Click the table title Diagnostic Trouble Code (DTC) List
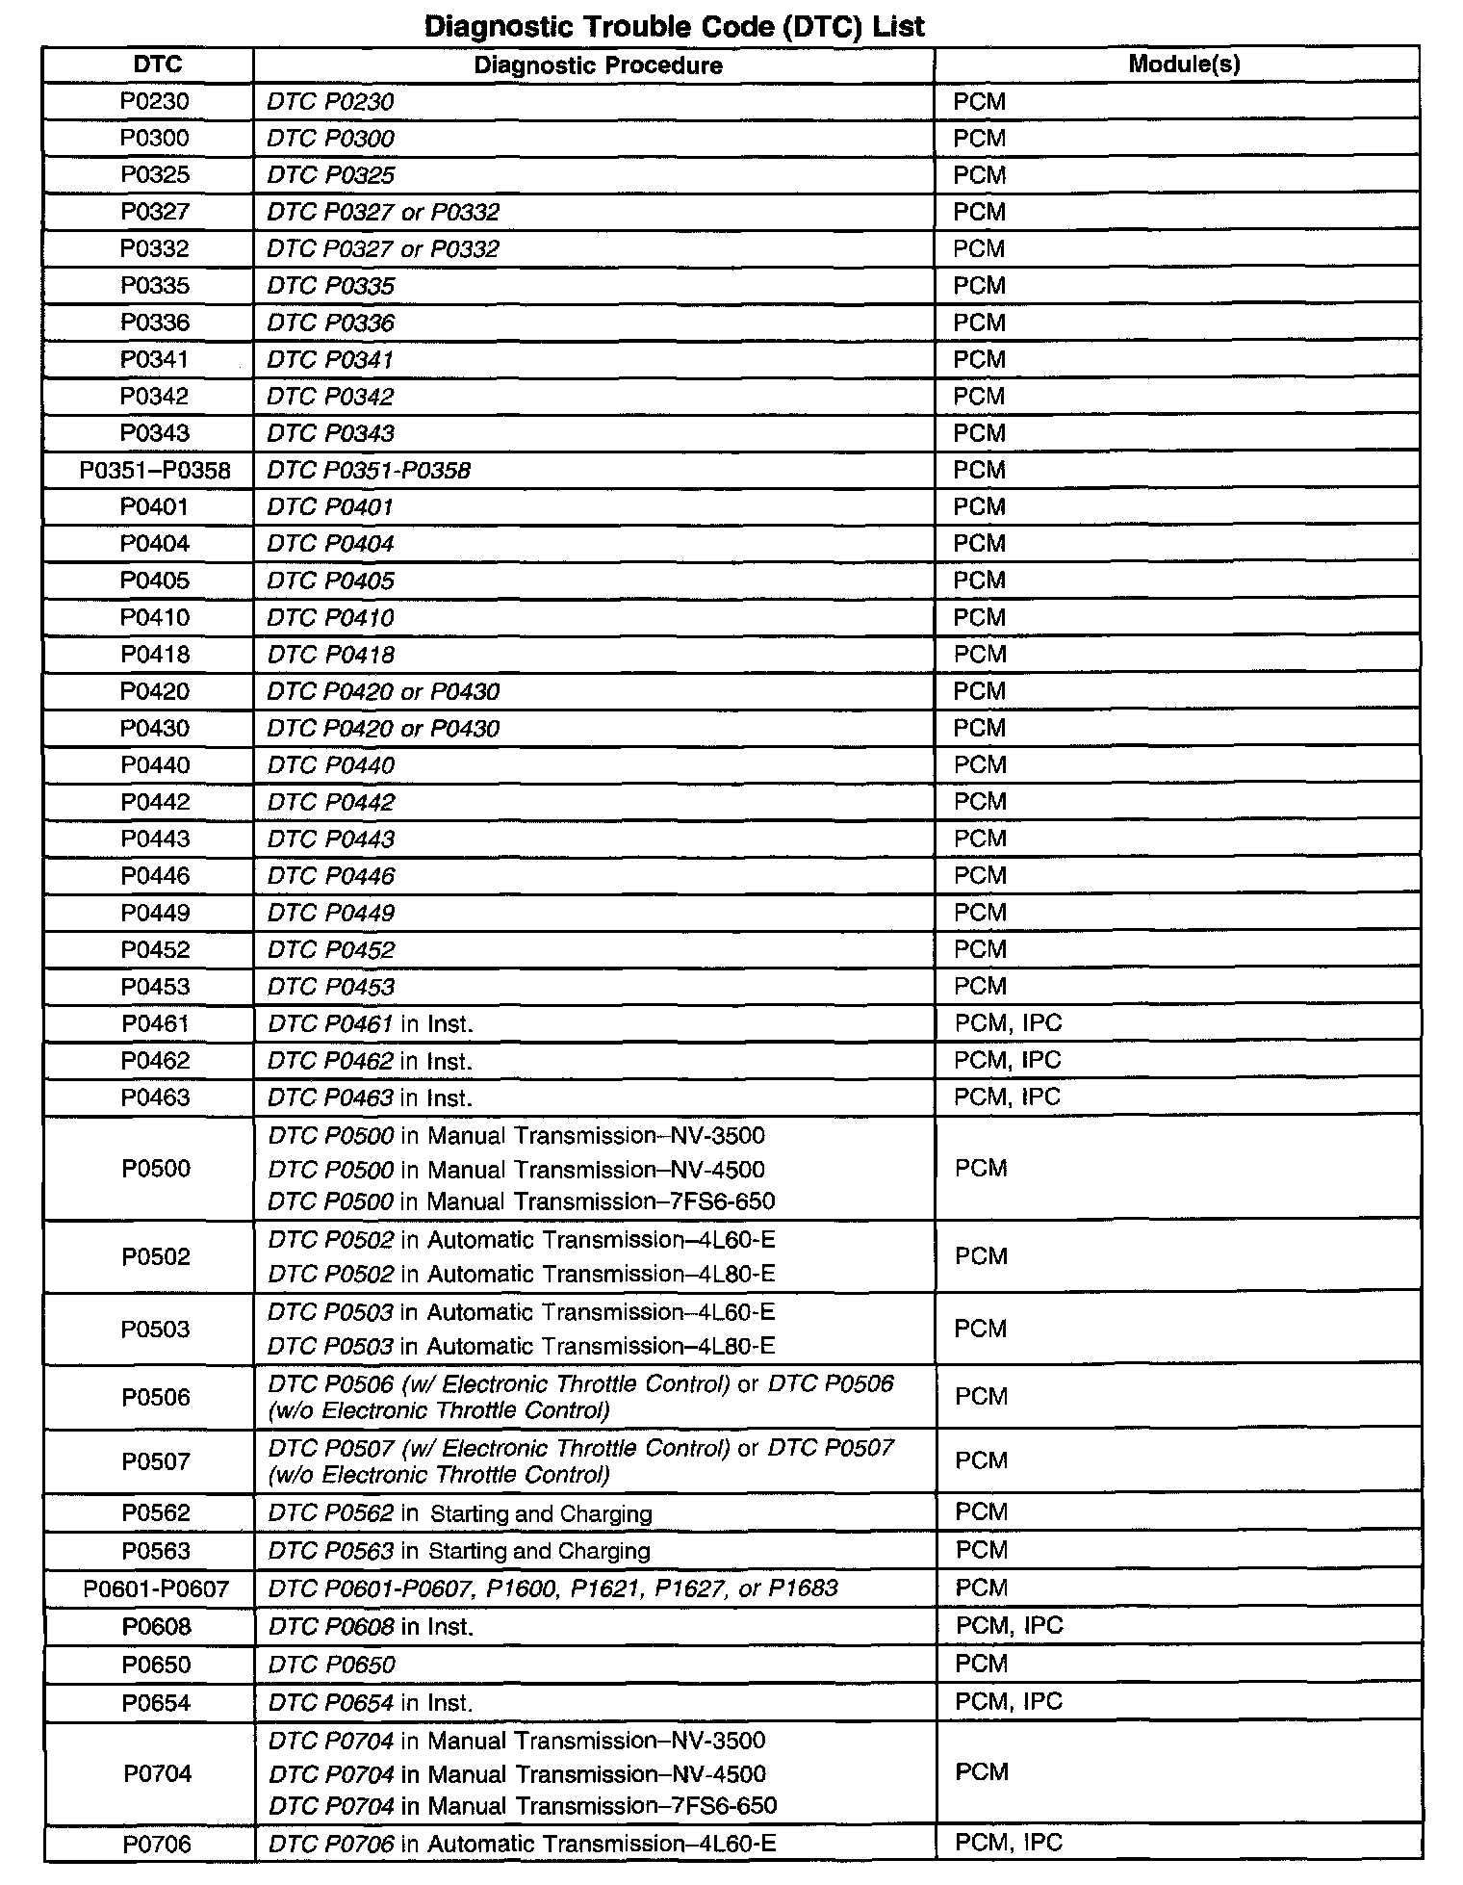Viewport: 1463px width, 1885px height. (x=674, y=26)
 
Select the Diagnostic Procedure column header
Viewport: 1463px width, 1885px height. (x=598, y=65)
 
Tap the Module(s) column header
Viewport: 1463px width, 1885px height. (x=1183, y=65)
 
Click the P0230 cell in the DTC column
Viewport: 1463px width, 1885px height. (x=154, y=102)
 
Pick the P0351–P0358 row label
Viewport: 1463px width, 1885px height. (x=154, y=471)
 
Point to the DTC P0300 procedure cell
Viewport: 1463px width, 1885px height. (x=331, y=139)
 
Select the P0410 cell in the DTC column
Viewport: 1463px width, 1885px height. (x=154, y=618)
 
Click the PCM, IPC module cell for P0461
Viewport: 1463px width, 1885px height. (x=1008, y=1023)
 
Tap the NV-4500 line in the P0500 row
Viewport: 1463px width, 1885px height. (x=517, y=1170)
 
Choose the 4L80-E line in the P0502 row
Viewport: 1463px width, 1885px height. (x=522, y=1275)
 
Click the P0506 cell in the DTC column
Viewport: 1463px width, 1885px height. (x=155, y=1398)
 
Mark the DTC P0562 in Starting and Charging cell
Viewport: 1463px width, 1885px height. (x=460, y=1514)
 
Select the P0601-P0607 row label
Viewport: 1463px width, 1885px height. (x=156, y=1588)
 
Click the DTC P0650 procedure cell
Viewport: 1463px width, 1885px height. (x=332, y=1665)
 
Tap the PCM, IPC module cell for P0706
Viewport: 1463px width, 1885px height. (x=1009, y=1843)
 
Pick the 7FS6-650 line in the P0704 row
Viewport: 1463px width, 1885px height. (x=523, y=1806)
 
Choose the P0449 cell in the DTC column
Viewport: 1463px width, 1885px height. (x=155, y=913)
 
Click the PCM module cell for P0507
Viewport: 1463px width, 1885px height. (x=981, y=1461)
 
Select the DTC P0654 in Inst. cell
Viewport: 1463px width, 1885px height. (x=371, y=1703)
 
